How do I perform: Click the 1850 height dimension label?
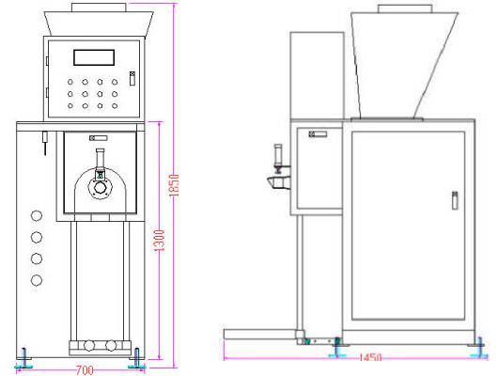(x=174, y=185)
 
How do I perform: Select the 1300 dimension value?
(x=160, y=241)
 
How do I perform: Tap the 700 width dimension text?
(x=85, y=370)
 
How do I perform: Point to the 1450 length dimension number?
(x=370, y=357)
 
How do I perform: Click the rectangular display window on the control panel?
(x=94, y=57)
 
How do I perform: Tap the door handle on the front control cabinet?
(x=132, y=79)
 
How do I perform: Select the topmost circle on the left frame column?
(x=37, y=216)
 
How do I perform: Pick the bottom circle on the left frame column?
(x=37, y=280)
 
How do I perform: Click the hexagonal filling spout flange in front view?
(x=100, y=187)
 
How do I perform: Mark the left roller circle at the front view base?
(x=88, y=345)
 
